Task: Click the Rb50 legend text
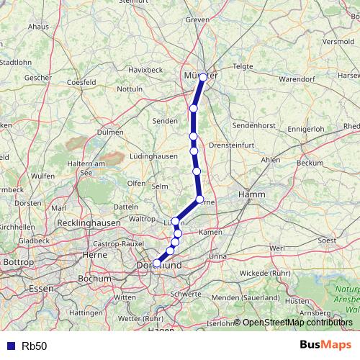click(x=34, y=346)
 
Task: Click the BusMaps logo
click(x=326, y=345)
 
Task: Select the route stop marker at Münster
click(x=203, y=77)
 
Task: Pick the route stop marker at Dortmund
click(x=157, y=264)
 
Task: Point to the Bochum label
click(x=94, y=278)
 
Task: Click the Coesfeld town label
click(x=81, y=83)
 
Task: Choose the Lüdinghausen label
click(x=153, y=156)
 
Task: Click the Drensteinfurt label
click(x=229, y=145)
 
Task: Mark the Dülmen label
click(x=110, y=132)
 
